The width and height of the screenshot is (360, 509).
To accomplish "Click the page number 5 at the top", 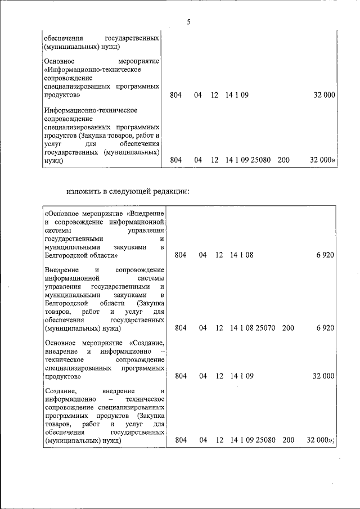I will [188, 22].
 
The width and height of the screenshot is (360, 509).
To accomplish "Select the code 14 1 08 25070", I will [252, 327].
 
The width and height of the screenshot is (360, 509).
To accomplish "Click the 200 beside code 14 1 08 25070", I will [287, 327].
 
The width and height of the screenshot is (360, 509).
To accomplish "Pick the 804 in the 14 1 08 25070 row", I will [181, 327].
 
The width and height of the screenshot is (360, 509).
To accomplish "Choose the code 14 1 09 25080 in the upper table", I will [249, 160].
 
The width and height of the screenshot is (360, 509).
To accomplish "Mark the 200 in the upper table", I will [283, 160].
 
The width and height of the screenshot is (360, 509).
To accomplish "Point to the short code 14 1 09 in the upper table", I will [237, 95].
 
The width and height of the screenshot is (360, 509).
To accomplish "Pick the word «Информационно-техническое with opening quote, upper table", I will [92, 70].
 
